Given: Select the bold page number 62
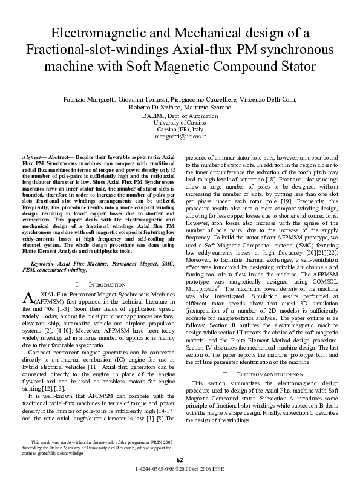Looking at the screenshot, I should click(179, 461).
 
